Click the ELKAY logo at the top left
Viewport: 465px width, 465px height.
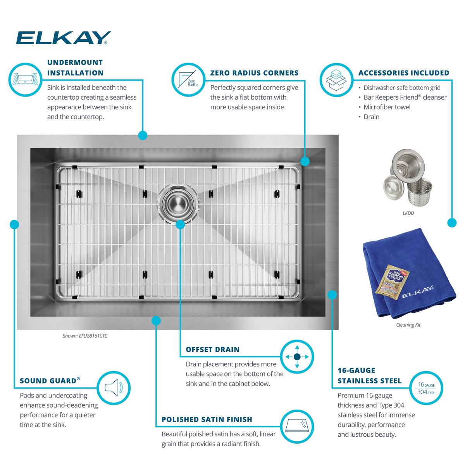[63, 38]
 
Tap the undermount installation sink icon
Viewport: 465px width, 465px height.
[26, 79]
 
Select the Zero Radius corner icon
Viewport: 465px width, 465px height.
[188, 80]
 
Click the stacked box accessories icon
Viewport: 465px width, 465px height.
[336, 80]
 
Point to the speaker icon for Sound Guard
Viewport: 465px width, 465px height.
[114, 388]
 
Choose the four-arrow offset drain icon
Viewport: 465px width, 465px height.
[297, 356]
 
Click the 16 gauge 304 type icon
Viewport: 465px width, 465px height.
[426, 388]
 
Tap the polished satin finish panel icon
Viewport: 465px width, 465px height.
[297, 426]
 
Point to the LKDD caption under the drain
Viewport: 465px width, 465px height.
[408, 213]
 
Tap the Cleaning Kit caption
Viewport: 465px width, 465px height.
[408, 325]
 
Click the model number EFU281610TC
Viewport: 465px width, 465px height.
[93, 336]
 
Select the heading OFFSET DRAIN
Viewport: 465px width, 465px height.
[213, 350]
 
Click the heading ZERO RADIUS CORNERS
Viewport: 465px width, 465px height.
[254, 73]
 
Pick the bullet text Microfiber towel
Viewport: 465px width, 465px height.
[387, 107]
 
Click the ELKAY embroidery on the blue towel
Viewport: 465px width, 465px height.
[418, 292]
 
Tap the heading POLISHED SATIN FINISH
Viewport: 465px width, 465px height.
[207, 419]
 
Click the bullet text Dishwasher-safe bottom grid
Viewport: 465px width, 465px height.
[402, 88]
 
